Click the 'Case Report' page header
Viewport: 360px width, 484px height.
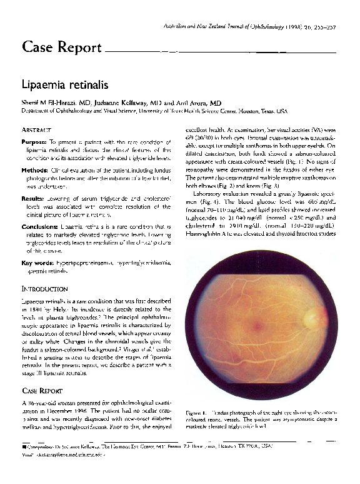(61, 48)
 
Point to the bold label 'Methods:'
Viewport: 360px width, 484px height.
(34, 170)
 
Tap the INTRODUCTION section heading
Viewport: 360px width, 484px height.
(44, 290)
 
